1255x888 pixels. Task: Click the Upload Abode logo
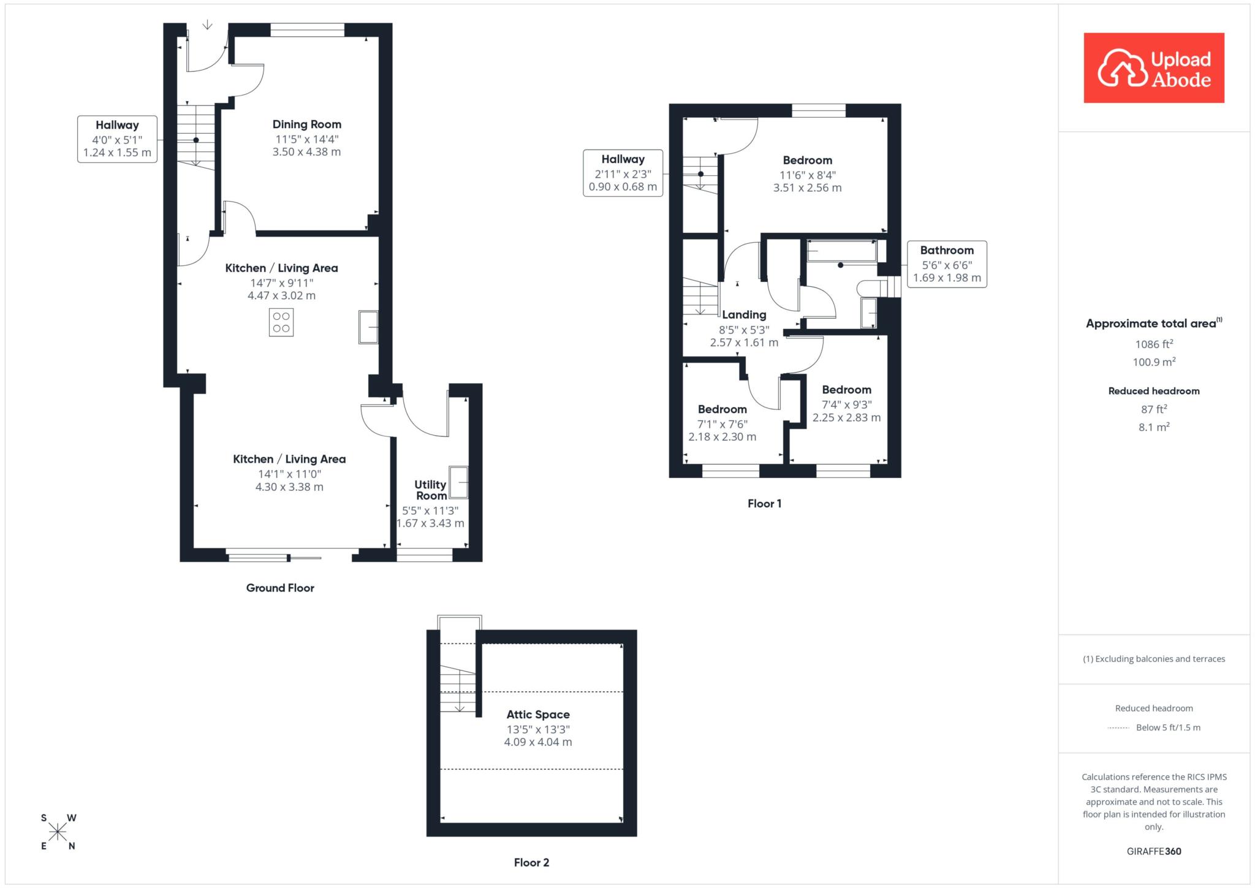[1154, 68]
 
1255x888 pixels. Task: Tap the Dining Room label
[307, 124]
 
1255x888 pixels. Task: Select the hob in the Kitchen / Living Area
[281, 322]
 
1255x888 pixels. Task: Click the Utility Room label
[430, 490]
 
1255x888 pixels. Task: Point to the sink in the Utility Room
[458, 482]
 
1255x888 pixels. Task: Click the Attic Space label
[538, 715]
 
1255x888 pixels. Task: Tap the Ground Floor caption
[280, 588]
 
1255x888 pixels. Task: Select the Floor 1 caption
[764, 504]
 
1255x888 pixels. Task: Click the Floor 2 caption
[531, 863]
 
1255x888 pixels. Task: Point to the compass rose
[58, 832]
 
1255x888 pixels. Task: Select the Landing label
[744, 315]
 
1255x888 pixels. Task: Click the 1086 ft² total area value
[1154, 344]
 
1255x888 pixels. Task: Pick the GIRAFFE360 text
[1154, 851]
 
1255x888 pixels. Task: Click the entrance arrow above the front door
[208, 25]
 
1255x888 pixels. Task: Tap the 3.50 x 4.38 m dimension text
[307, 152]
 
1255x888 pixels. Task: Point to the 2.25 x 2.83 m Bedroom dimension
[846, 418]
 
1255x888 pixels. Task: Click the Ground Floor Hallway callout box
[117, 139]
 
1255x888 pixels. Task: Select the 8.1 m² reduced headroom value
[1154, 427]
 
